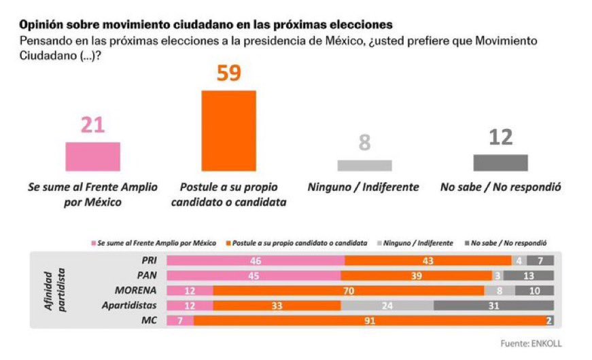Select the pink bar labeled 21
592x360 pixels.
[92, 156]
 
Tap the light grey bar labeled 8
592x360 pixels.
[364, 165]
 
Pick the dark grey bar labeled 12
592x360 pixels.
[500, 162]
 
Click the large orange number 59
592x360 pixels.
[228, 73]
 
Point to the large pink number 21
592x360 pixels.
[92, 126]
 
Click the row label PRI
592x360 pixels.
[147, 260]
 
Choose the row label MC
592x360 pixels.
[150, 320]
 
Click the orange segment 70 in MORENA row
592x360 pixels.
[348, 290]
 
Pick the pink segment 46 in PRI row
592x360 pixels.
[256, 260]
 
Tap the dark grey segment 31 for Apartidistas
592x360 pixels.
[493, 305]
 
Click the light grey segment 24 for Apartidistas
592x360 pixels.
[387, 305]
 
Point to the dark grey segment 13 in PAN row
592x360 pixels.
[528, 275]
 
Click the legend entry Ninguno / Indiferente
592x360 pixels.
[416, 242]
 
